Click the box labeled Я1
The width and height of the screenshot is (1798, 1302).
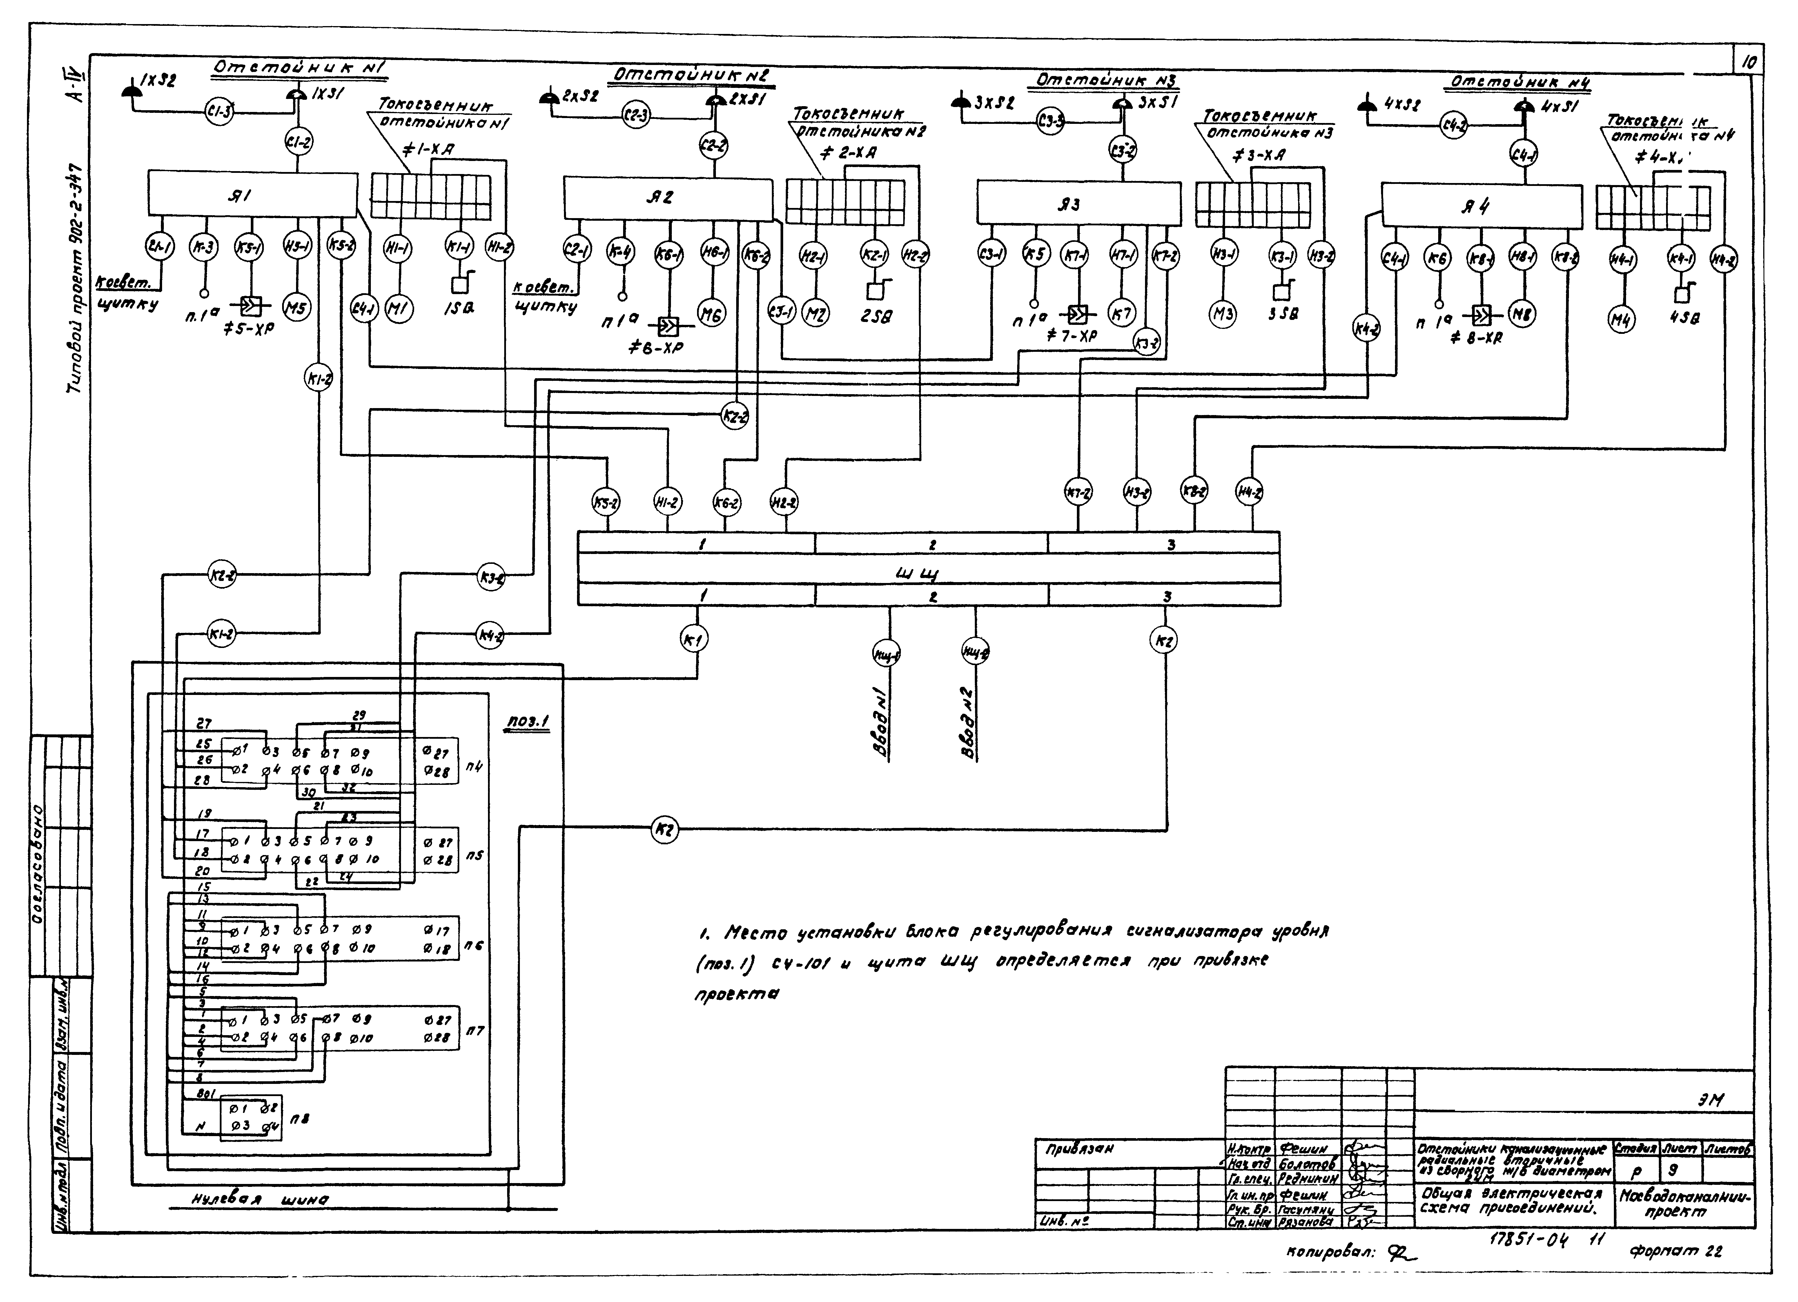(x=252, y=194)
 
